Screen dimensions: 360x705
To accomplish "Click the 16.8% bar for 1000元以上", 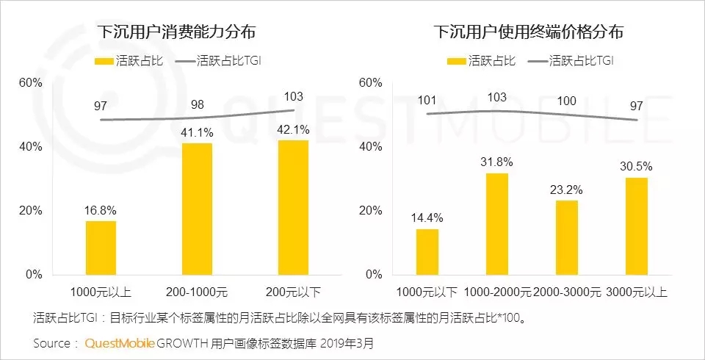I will (x=101, y=247).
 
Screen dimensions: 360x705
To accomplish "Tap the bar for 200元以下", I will (x=293, y=207).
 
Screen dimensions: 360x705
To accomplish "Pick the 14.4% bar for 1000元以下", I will (x=427, y=251).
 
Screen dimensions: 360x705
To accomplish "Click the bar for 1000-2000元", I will (x=497, y=223).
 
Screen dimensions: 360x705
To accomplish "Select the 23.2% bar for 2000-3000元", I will (x=566, y=237).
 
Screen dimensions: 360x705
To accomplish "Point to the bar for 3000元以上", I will (x=637, y=226).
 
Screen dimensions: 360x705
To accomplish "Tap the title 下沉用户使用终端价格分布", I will (x=528, y=32).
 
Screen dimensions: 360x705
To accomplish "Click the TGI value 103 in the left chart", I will (x=293, y=96).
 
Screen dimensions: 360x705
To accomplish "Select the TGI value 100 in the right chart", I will (x=567, y=101).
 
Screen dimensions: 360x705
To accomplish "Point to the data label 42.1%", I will (x=293, y=129).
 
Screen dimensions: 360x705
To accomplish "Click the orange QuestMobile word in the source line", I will (x=119, y=343).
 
